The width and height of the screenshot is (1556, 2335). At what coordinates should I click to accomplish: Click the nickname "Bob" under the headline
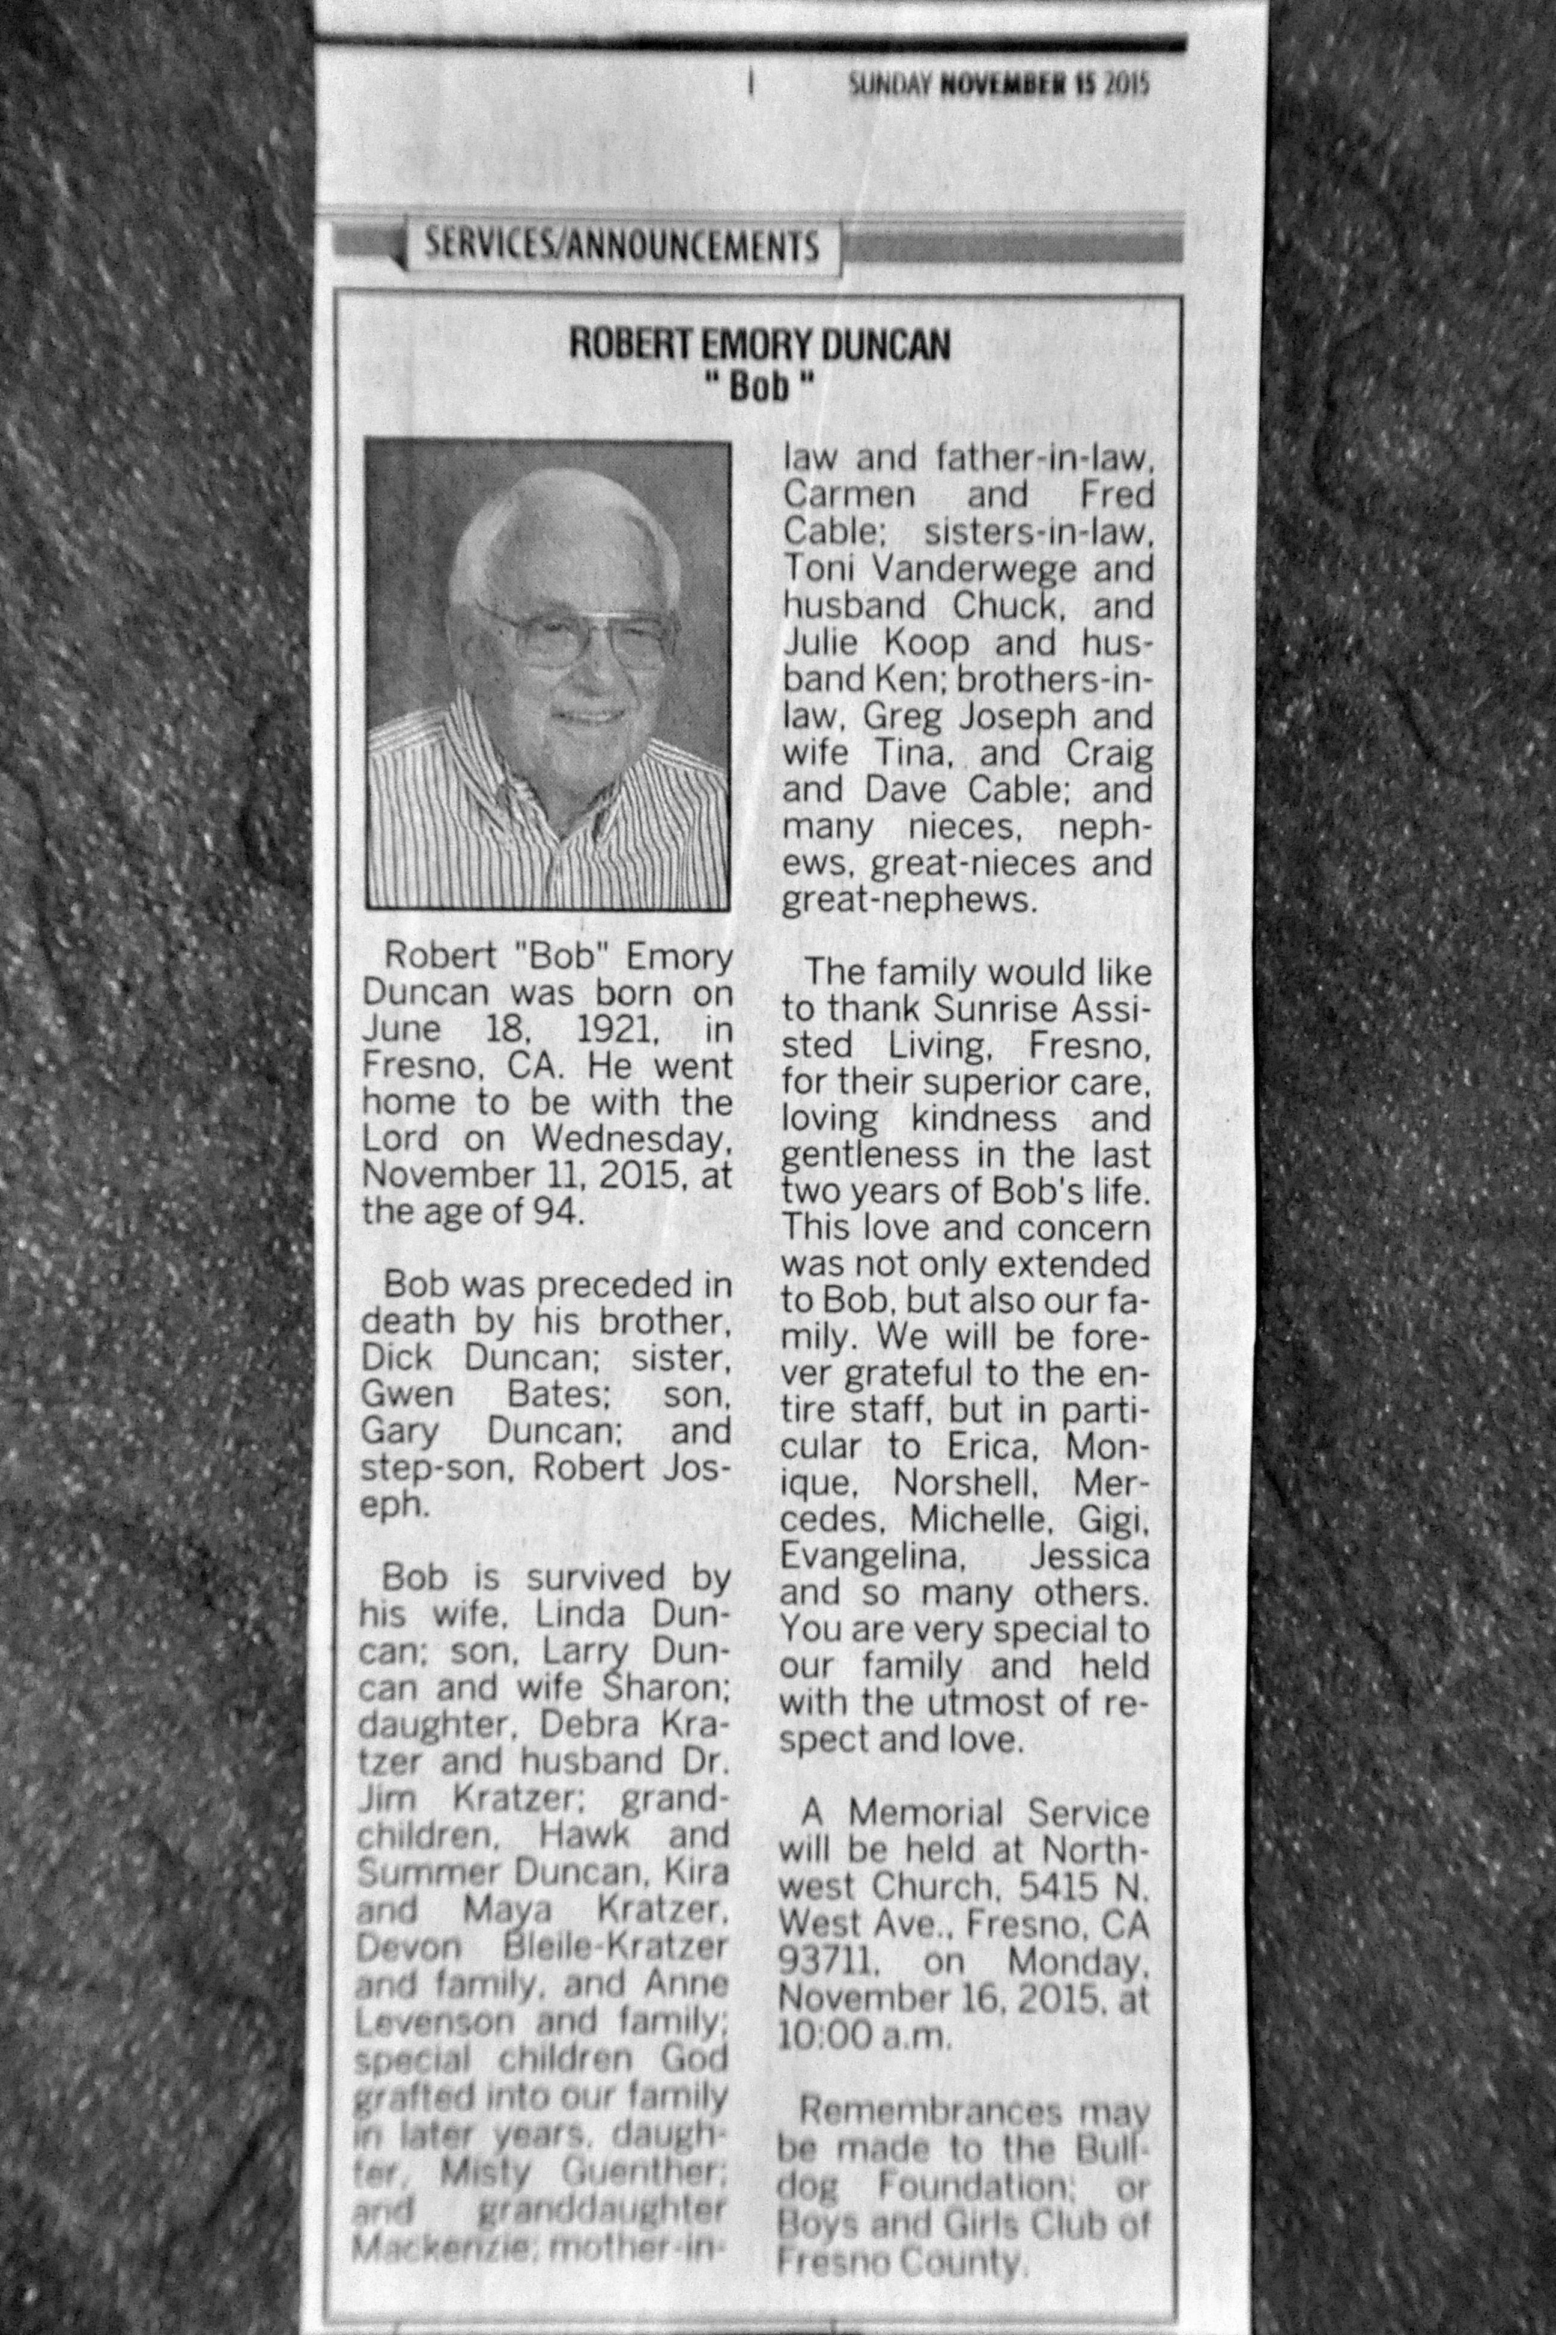[759, 386]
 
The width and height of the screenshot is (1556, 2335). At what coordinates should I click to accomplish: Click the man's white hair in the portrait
[566, 526]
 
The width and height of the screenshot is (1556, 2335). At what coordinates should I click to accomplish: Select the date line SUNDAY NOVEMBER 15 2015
[997, 87]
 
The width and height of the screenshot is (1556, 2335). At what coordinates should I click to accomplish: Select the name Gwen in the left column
[407, 1394]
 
